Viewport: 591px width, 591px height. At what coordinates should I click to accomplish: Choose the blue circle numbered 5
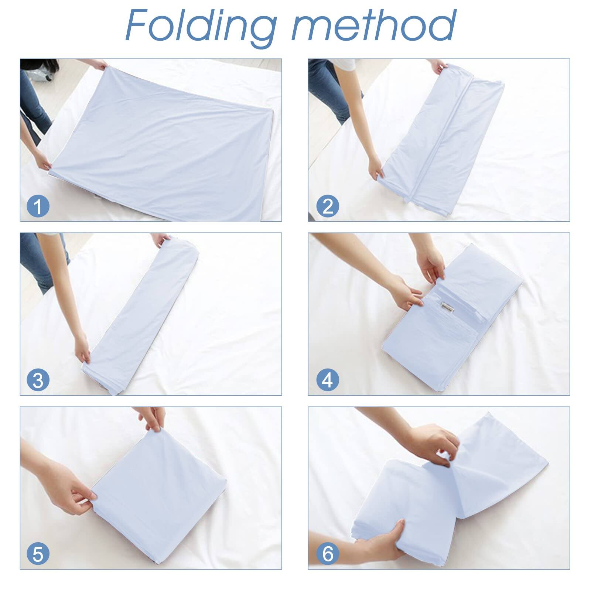click(38, 553)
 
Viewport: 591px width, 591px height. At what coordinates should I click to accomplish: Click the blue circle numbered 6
click(328, 553)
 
